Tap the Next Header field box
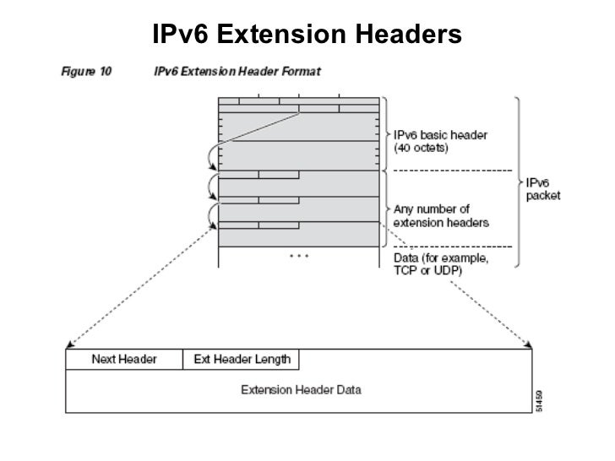point(124,360)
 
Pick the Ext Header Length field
point(242,360)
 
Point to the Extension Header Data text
point(302,390)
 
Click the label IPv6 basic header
point(440,135)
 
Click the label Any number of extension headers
point(434,215)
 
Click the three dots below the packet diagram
point(299,253)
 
